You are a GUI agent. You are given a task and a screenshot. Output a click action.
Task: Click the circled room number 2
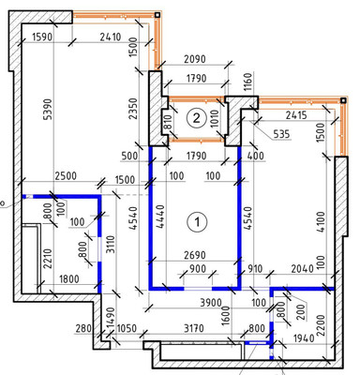(x=196, y=117)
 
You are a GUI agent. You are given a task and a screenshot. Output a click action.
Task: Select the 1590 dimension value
(x=41, y=38)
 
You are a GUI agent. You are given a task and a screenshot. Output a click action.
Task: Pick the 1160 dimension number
(x=247, y=82)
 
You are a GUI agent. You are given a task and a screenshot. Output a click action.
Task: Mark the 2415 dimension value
(x=297, y=115)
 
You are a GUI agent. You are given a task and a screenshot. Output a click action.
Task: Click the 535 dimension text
(x=279, y=134)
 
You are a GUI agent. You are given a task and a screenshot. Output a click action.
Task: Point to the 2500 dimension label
(x=64, y=177)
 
